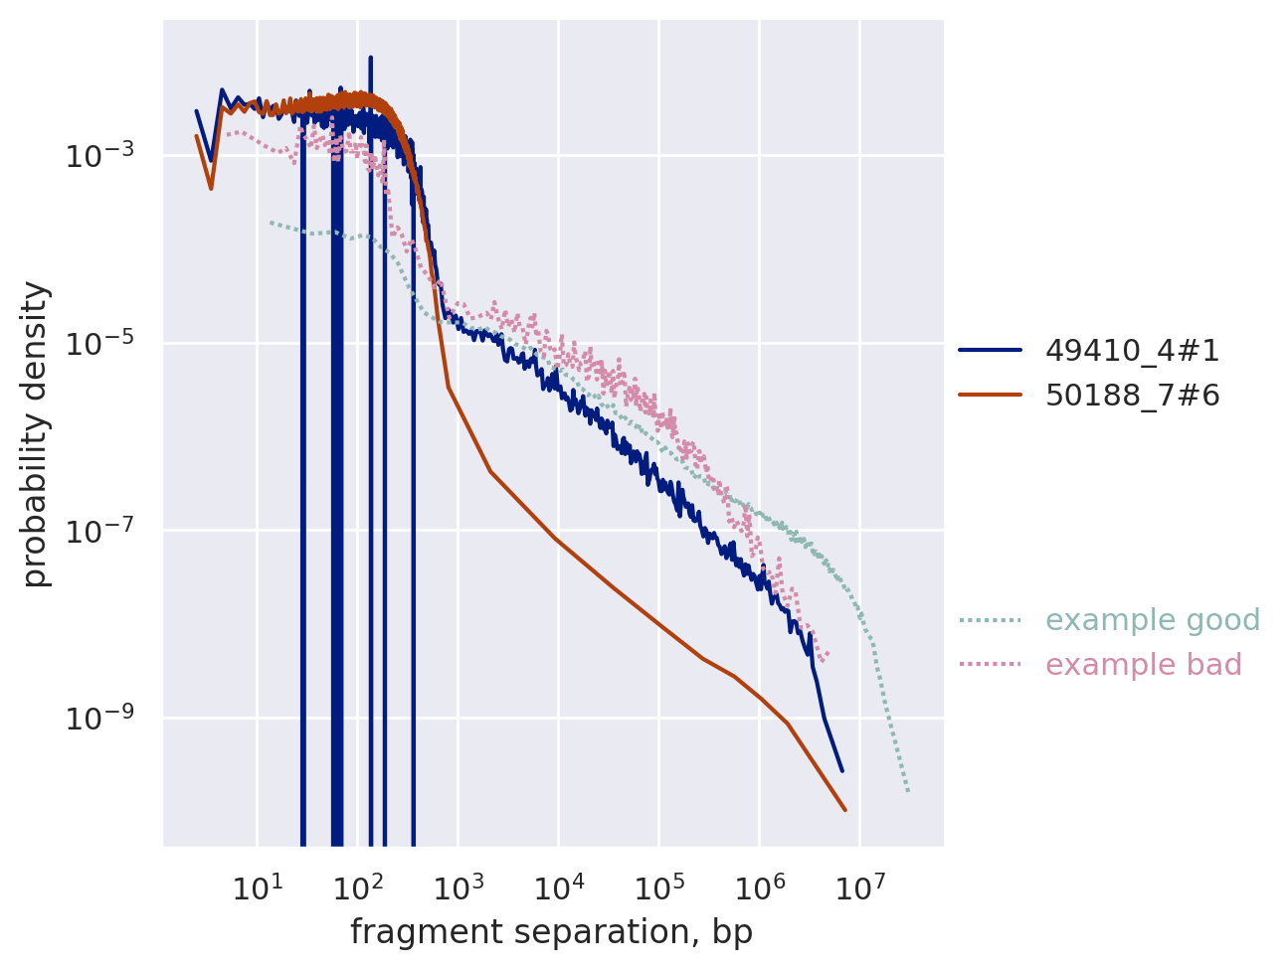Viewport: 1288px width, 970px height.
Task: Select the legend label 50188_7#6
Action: [x=1132, y=396]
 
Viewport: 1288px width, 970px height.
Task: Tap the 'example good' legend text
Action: [x=1153, y=620]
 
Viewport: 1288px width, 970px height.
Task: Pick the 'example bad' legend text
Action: [x=1144, y=665]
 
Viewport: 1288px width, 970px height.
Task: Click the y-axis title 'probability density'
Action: [x=36, y=434]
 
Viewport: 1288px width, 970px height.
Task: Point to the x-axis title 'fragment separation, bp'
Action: [x=551, y=932]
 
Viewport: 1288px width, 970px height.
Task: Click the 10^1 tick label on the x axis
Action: [x=257, y=885]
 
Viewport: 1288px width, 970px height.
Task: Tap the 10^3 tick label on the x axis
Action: [x=458, y=885]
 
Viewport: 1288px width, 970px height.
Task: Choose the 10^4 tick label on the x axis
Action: [x=558, y=885]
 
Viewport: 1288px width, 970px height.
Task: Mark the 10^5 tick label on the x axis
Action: [x=658, y=885]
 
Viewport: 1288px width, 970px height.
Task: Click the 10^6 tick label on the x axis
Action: [x=759, y=885]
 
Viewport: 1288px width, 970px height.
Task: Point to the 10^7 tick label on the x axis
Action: [x=859, y=885]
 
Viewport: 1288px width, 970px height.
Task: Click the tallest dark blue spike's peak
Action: [x=370, y=58]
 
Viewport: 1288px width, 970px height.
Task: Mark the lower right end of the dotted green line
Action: [x=908, y=792]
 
